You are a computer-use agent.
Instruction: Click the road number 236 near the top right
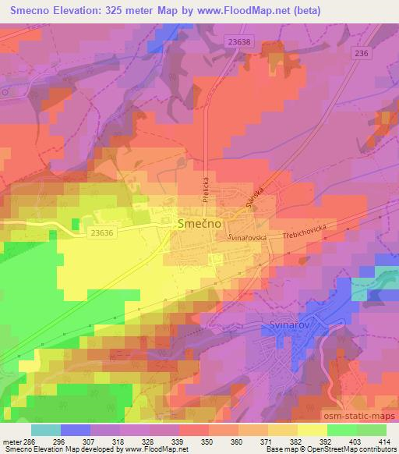[x=360, y=52]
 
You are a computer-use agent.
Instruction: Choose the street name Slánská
[x=256, y=195]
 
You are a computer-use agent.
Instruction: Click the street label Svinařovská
[x=248, y=236]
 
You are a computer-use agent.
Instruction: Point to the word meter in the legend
[x=11, y=442]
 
